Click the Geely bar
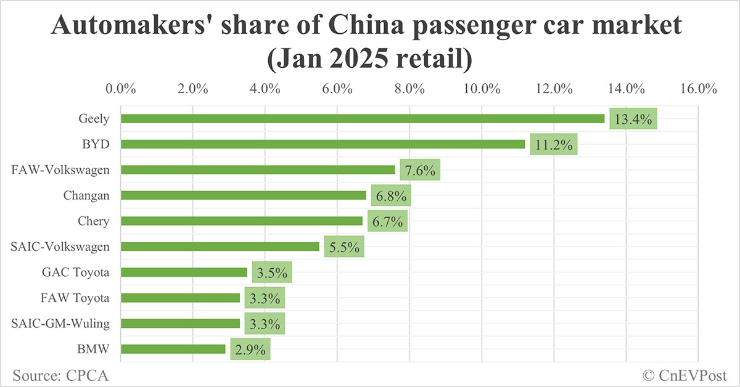click(x=363, y=118)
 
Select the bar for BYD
click(x=323, y=144)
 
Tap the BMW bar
click(x=173, y=349)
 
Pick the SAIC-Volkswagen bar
click(x=220, y=246)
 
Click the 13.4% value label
click(x=633, y=118)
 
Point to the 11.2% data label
click(x=554, y=144)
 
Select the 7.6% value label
click(x=420, y=170)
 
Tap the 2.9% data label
click(x=250, y=349)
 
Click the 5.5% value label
click(x=344, y=247)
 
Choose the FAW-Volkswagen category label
click(x=60, y=169)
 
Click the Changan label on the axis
click(x=86, y=195)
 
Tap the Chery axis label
click(x=94, y=221)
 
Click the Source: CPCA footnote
click(x=55, y=375)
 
